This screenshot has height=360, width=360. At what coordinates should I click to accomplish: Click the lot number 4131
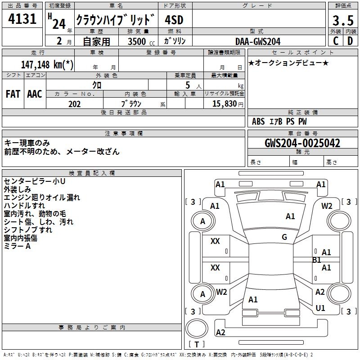point(22,19)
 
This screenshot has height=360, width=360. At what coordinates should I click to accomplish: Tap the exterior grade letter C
point(335,40)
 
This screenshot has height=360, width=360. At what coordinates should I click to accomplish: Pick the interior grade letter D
point(350,40)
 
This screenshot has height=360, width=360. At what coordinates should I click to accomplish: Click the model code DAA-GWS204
point(257,41)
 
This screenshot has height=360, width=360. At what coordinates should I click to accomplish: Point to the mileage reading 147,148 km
point(47,64)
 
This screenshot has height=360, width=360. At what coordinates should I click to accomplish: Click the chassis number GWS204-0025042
point(302,143)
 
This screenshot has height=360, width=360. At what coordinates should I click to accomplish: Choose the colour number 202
point(75,103)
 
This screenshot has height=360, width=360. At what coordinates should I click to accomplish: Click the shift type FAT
point(13,94)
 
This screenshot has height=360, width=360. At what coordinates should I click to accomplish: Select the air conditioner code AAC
point(35,94)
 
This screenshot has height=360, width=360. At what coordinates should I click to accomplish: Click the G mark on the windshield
point(284,237)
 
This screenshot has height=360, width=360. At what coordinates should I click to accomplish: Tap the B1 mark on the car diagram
point(317,260)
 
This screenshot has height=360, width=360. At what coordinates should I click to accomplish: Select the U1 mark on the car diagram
point(320,308)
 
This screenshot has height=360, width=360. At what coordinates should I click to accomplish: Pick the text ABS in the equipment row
point(258,121)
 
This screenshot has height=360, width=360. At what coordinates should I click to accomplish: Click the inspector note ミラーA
point(18,246)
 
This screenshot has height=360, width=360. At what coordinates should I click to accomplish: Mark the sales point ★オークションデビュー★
point(288,63)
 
